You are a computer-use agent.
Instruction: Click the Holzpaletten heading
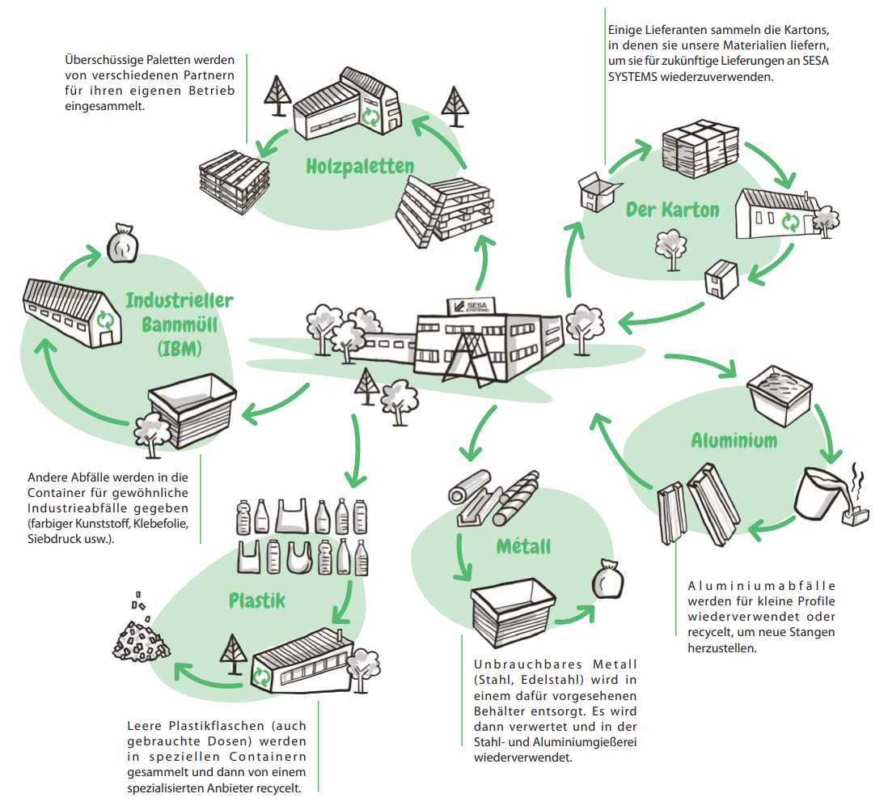(x=360, y=167)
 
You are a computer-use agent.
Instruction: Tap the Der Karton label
(x=672, y=210)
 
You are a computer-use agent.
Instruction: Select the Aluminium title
(x=734, y=441)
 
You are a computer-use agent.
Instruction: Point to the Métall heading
(x=523, y=546)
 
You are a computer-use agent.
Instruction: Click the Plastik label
(x=256, y=601)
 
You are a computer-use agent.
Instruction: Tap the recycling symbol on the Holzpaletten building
(x=370, y=117)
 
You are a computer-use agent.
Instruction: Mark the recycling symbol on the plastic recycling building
(x=262, y=675)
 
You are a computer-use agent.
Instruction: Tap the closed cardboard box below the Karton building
(x=720, y=279)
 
